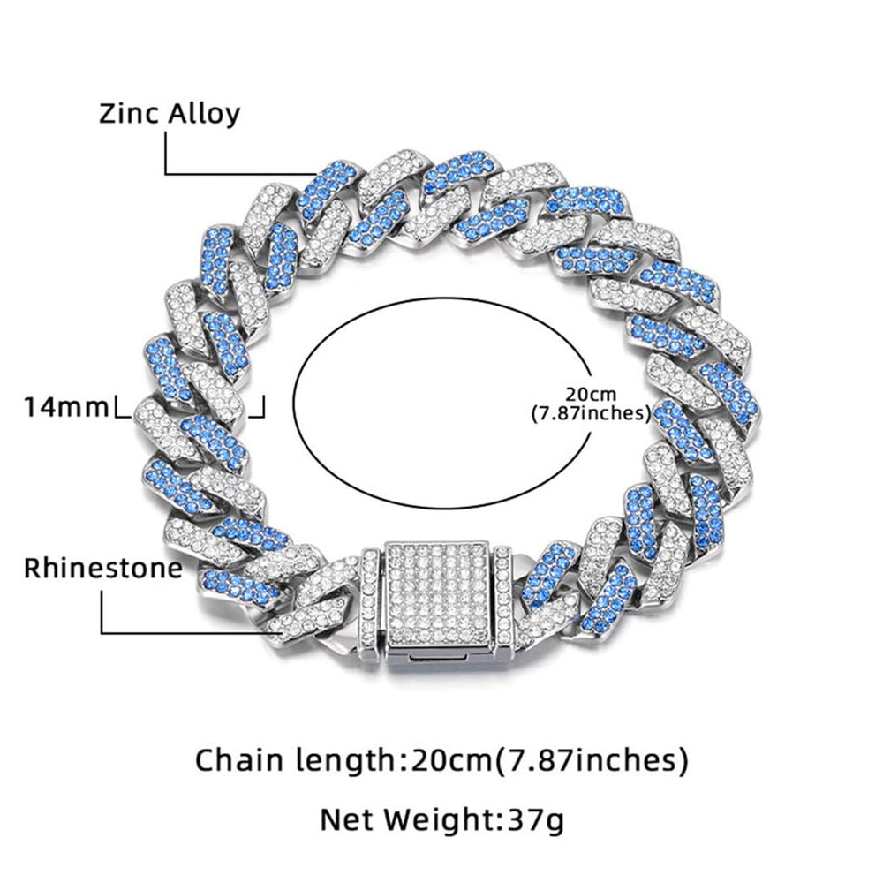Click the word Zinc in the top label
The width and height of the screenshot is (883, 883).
[x=127, y=113]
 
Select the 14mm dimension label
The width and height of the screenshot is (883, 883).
[x=67, y=408]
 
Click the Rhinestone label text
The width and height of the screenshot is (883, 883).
[x=102, y=567]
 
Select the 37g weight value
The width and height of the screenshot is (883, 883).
[x=534, y=820]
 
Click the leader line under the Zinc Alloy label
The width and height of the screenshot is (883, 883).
[x=238, y=173]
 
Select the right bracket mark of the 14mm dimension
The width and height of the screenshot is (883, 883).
[x=260, y=409]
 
